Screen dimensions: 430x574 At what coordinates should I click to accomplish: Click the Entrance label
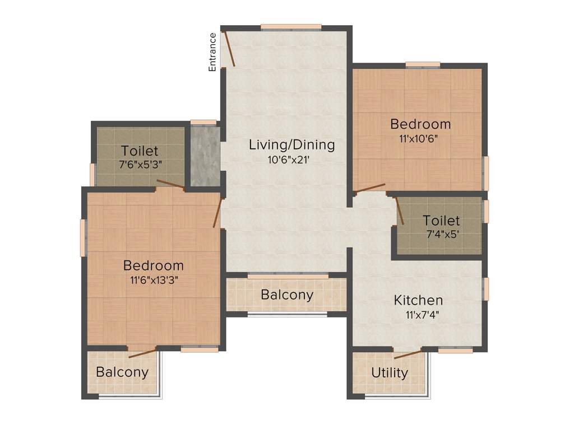pyautogui.click(x=212, y=52)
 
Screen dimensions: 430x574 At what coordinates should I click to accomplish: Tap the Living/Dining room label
pyautogui.click(x=291, y=145)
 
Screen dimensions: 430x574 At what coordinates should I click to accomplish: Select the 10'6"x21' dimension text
pyautogui.click(x=289, y=160)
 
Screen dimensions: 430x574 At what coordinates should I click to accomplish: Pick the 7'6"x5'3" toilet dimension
pyautogui.click(x=140, y=166)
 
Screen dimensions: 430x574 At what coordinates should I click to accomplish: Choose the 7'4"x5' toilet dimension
pyautogui.click(x=443, y=235)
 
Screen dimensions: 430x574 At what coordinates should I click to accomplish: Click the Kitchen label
pyautogui.click(x=418, y=300)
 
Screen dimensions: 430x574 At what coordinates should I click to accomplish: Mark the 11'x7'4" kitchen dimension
pyautogui.click(x=422, y=315)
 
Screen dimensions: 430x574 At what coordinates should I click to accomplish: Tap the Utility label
pyautogui.click(x=390, y=373)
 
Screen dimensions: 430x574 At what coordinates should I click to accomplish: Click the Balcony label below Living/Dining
pyautogui.click(x=287, y=295)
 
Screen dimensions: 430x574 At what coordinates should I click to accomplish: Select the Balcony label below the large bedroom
pyautogui.click(x=122, y=372)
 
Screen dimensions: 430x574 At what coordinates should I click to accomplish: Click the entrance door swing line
pyautogui.click(x=229, y=49)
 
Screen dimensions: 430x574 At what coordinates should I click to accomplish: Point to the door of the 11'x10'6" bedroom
pyautogui.click(x=370, y=188)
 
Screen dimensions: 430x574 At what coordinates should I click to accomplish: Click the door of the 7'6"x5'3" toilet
pyautogui.click(x=170, y=184)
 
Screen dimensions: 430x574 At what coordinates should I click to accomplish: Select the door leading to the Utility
pyautogui.click(x=408, y=354)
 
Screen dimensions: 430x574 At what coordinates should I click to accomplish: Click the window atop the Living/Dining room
pyautogui.click(x=291, y=26)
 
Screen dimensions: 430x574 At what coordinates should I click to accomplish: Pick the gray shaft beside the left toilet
pyautogui.click(x=204, y=156)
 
